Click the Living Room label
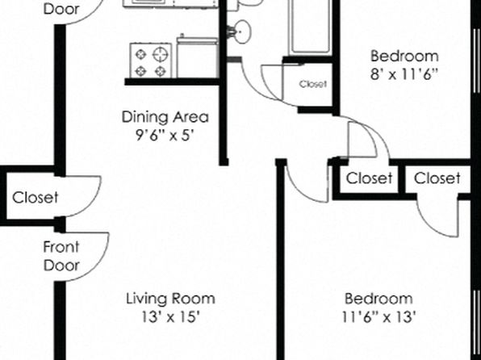[170, 299]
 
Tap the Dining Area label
[165, 117]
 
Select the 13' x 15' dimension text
[170, 316]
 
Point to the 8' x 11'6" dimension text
[404, 74]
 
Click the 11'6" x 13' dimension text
[379, 316]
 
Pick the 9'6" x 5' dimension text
[165, 135]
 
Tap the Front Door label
[61, 256]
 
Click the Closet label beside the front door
[35, 198]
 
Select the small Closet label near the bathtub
[313, 84]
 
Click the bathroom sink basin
[243, 31]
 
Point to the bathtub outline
[311, 27]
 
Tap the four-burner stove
[151, 61]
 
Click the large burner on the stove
[161, 55]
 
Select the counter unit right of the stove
[197, 57]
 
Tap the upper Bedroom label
[404, 56]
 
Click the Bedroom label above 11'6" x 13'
[379, 299]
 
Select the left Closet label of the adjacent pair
[369, 178]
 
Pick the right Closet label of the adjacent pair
[437, 178]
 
